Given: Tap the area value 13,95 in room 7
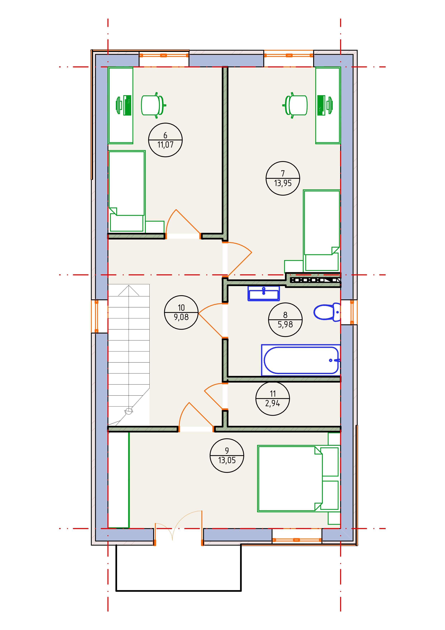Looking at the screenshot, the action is coord(283,183).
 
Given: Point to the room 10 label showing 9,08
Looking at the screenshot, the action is coord(181,312).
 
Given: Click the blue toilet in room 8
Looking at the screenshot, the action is coord(327,312).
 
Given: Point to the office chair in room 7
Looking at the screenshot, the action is coord(295,105).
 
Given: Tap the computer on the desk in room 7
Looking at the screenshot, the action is coord(325,105).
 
